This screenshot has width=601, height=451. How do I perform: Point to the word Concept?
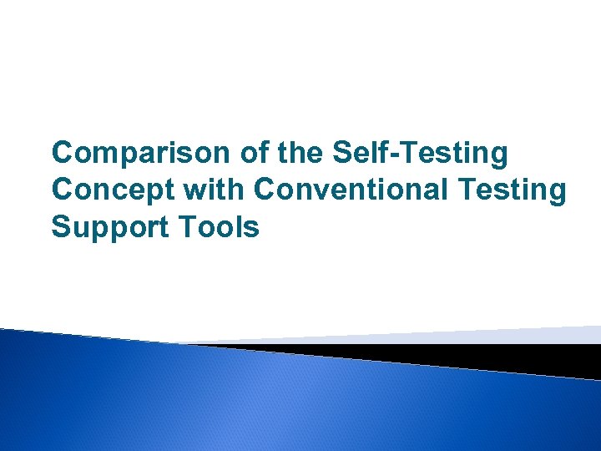point(104,190)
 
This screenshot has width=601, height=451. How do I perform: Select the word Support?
point(101,226)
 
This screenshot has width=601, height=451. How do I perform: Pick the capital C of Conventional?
point(265,190)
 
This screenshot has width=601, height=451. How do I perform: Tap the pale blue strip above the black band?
point(501,335)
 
